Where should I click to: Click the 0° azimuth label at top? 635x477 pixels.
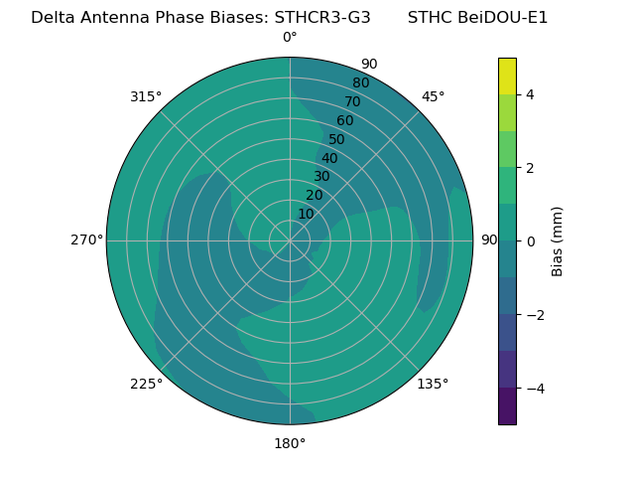[x=290, y=38]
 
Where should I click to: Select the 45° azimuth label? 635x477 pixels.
[x=433, y=96]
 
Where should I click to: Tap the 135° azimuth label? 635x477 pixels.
[x=433, y=384]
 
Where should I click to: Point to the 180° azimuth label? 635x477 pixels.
[x=290, y=443]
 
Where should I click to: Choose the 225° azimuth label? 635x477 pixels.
[x=146, y=384]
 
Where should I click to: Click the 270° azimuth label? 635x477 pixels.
[x=86, y=239]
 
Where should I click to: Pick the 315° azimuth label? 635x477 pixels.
[x=146, y=96]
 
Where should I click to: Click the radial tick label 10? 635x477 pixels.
[x=306, y=214]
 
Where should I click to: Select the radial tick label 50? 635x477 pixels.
[x=337, y=140]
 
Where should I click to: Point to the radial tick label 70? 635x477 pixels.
[x=352, y=102]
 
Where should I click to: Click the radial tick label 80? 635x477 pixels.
[x=360, y=83]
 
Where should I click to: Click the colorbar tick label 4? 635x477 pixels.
[x=531, y=94]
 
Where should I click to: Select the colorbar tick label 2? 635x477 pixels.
[x=531, y=168]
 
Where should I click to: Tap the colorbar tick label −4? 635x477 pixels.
[x=534, y=388]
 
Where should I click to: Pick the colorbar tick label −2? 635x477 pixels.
[x=534, y=315]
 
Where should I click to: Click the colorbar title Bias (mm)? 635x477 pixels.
[x=558, y=240]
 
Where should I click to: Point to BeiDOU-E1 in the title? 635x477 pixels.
[x=503, y=18]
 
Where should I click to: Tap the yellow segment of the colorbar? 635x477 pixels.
[x=507, y=76]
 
